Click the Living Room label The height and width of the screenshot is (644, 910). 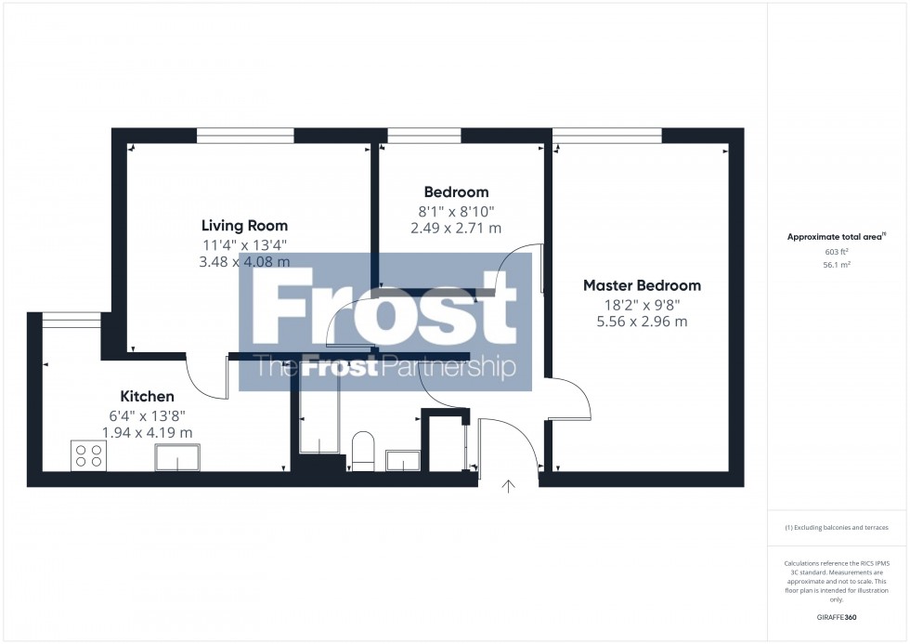(245, 225)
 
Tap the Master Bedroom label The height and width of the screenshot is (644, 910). (642, 285)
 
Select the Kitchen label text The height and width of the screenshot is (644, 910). (147, 397)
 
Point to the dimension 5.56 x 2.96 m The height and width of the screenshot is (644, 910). (642, 322)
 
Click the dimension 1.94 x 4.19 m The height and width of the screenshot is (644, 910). (147, 432)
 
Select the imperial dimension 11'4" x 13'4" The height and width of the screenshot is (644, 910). (245, 244)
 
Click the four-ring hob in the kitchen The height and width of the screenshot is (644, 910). (88, 455)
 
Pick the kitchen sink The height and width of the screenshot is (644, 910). (177, 457)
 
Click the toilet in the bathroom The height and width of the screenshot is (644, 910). (362, 450)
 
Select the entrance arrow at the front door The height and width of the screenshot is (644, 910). (508, 484)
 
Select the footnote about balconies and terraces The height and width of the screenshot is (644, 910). (837, 528)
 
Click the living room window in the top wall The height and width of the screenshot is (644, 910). (245, 136)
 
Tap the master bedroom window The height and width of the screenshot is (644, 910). (606, 136)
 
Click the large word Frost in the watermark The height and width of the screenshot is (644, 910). (384, 311)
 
